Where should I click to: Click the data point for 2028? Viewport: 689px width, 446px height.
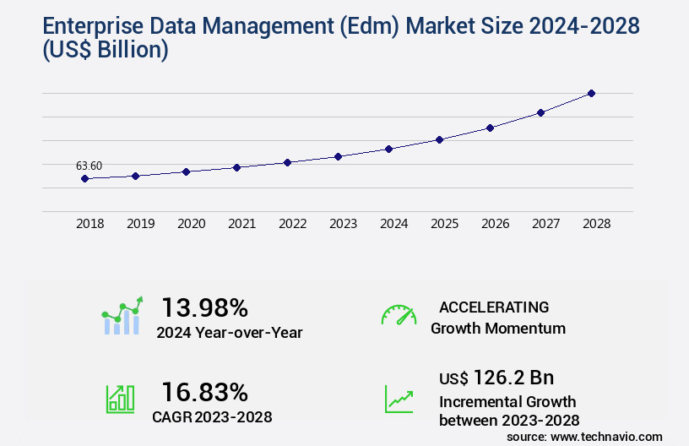(x=591, y=93)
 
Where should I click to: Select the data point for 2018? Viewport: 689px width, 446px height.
(x=84, y=178)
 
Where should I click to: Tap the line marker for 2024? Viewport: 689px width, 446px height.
(x=388, y=149)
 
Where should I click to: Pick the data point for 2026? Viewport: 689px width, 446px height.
(x=490, y=128)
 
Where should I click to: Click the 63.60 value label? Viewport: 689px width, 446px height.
(x=89, y=166)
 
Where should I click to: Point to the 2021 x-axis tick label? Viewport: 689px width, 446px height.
(x=241, y=224)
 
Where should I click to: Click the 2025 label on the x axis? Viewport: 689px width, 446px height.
(x=444, y=224)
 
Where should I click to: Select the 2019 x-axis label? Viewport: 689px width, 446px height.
(x=140, y=224)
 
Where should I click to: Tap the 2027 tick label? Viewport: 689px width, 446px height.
(x=545, y=224)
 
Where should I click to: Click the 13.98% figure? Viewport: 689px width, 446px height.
(x=204, y=307)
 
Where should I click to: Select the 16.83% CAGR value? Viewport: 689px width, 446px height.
(x=204, y=392)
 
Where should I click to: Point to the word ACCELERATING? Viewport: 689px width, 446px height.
(x=494, y=307)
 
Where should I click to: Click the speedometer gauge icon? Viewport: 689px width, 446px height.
(x=399, y=315)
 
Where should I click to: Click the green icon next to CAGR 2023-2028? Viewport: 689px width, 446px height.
(x=120, y=399)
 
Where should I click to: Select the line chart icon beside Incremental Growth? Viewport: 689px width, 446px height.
(x=399, y=399)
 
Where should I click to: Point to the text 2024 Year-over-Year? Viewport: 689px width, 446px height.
(x=229, y=332)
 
